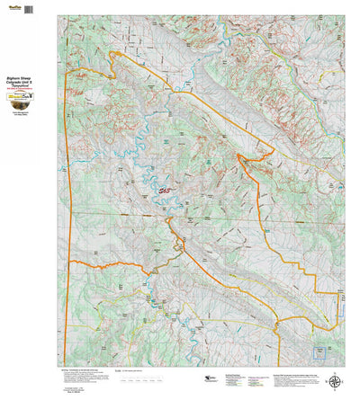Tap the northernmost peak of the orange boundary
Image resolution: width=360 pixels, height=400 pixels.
(112, 53)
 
